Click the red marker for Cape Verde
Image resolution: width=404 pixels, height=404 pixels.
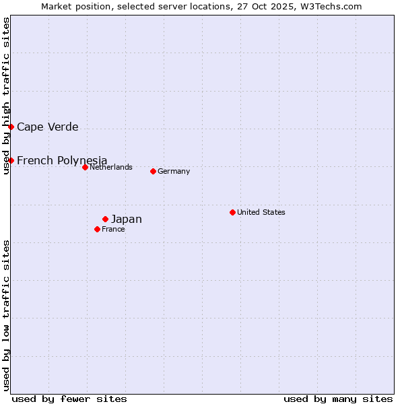pos(11,127)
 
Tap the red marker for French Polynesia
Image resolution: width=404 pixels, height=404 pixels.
pos(11,160)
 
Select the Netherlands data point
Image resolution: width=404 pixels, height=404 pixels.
pos(85,167)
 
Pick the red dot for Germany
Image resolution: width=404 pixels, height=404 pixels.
pos(153,171)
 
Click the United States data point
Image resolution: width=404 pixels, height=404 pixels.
pos(232,212)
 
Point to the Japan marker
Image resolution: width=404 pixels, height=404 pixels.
pos(105,219)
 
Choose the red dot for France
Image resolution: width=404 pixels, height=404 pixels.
pos(97,229)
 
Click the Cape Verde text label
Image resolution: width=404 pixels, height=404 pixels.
pos(47,127)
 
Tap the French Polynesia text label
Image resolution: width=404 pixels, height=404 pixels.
pos(62,160)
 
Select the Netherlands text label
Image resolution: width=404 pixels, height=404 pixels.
pos(111,167)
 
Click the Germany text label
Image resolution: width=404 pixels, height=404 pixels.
pos(174,171)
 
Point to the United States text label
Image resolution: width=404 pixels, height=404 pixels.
pos(261,212)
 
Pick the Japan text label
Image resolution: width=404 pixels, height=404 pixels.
pos(127,219)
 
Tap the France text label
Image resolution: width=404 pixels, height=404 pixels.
pos(113,229)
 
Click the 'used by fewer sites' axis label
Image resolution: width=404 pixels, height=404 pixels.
pos(69,399)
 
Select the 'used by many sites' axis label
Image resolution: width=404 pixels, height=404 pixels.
pos(338,399)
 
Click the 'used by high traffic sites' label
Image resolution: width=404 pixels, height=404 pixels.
pos(6,96)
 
